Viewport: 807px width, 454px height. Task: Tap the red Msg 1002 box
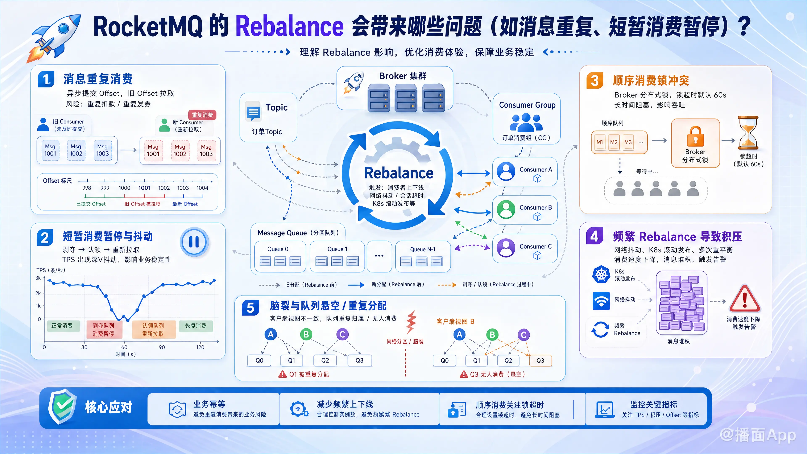coord(180,151)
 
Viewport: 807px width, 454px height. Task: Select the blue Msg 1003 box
coord(102,150)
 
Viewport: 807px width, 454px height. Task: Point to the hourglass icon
coord(748,133)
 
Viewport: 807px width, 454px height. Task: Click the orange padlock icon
coord(695,137)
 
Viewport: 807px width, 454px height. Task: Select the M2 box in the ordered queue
coord(613,142)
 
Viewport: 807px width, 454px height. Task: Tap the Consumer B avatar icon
coord(506,209)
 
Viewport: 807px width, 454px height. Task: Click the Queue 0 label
coord(278,249)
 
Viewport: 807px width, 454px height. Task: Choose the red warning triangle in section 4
coord(745,299)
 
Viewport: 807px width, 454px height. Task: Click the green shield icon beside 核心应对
coord(62,406)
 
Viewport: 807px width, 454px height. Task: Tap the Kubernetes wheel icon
coord(601,275)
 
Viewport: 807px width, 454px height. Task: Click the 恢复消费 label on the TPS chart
coord(196,326)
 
